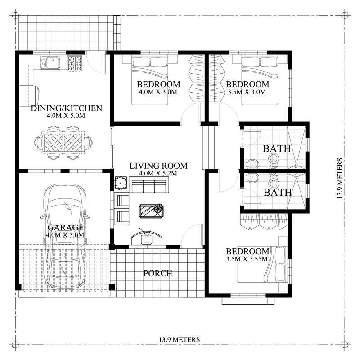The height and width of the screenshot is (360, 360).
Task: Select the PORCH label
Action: pyautogui.click(x=157, y=273)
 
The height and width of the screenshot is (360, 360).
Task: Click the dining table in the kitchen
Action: pyautogui.click(x=63, y=143)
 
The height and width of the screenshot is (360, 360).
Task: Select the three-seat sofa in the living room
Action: pyautogui.click(x=148, y=185)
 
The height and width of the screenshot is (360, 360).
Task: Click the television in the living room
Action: pyautogui.click(x=147, y=238)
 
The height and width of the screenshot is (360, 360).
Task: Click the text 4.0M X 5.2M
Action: pyautogui.click(x=158, y=173)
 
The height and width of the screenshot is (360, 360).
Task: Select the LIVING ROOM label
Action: pyautogui.click(x=158, y=166)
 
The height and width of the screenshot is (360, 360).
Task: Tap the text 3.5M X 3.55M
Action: pyautogui.click(x=247, y=259)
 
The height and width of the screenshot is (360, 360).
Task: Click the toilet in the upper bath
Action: pyautogui.click(x=273, y=159)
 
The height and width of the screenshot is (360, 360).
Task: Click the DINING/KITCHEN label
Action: pyautogui.click(x=66, y=108)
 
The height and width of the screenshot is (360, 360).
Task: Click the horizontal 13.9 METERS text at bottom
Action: pyautogui.click(x=179, y=340)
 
